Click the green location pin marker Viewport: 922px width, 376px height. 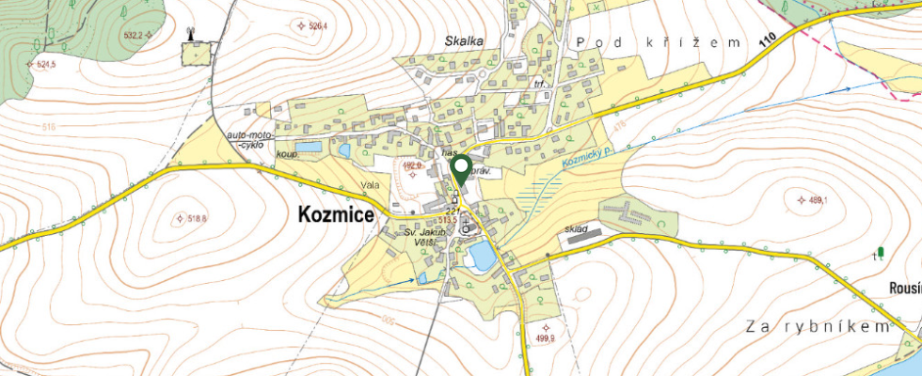pyautogui.click(x=461, y=170)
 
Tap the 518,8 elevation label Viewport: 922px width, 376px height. pyautogui.click(x=192, y=218)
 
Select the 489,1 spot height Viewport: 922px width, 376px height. pyautogui.click(x=811, y=199)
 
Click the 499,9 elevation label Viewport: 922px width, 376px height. pyautogui.click(x=519, y=338)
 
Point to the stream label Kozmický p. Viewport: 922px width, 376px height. pyautogui.click(x=588, y=155)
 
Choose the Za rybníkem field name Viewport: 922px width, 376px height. pyautogui.click(x=816, y=326)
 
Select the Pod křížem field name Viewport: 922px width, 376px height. pyautogui.click(x=660, y=42)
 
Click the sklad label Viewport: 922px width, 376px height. pyautogui.click(x=576, y=229)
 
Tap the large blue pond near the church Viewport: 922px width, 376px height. pyautogui.click(x=481, y=254)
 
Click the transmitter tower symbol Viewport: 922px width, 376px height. pyautogui.click(x=191, y=35)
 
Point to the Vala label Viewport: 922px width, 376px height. pyautogui.click(x=369, y=185)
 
